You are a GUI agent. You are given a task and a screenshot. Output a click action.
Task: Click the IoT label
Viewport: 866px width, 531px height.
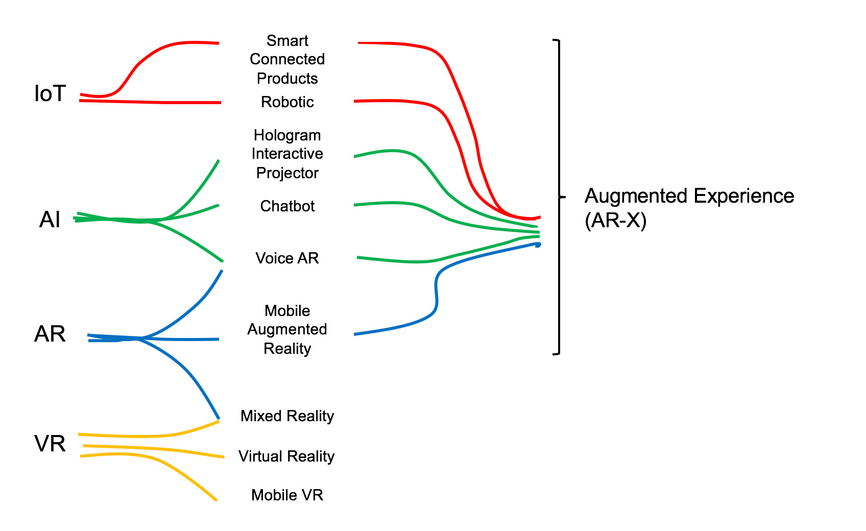click(x=50, y=94)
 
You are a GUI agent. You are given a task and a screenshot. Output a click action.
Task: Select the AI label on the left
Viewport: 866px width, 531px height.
click(x=50, y=220)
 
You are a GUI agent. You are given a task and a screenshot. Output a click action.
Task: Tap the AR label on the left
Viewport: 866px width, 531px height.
click(x=50, y=334)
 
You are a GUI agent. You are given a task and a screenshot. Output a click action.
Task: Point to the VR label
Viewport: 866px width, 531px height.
click(x=50, y=444)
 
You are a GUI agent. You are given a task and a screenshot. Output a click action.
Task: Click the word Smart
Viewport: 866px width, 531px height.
click(x=287, y=41)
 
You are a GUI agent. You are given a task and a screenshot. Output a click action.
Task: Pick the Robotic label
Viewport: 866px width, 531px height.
click(x=287, y=102)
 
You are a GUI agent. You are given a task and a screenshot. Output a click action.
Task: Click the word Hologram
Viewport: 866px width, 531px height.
click(x=287, y=135)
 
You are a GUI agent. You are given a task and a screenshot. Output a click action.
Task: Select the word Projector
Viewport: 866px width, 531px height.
click(x=287, y=173)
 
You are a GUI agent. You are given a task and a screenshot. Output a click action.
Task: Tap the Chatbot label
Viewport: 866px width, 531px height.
click(x=287, y=206)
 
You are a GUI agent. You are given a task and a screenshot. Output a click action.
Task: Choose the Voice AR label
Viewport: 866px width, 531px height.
click(x=287, y=258)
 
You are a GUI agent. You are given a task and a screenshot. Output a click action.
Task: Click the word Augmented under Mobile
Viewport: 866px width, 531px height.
click(x=287, y=329)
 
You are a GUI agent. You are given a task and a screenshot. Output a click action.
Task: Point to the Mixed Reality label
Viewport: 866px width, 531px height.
click(x=287, y=416)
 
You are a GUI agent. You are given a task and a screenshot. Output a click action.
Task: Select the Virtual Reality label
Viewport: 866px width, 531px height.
click(x=286, y=456)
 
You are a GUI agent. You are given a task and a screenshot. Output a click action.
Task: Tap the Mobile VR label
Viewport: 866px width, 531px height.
click(x=287, y=495)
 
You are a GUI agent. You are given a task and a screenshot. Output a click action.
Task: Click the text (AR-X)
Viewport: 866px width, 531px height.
click(x=615, y=221)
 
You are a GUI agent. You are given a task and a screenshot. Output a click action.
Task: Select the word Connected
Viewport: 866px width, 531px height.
click(x=287, y=59)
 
